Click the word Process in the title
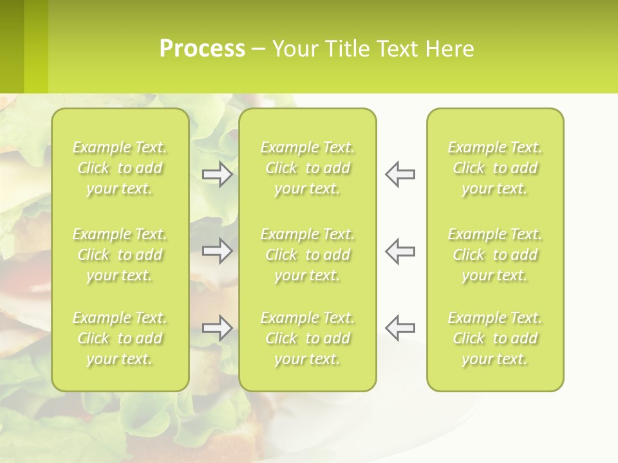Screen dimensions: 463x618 (x=202, y=49)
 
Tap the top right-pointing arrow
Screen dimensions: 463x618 (x=217, y=174)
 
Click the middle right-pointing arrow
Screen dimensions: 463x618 (x=217, y=251)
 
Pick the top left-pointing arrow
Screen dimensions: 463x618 (x=400, y=174)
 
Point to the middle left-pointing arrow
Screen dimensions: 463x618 (x=400, y=251)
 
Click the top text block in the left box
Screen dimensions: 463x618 (x=120, y=168)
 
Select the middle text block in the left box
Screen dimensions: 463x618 (x=120, y=255)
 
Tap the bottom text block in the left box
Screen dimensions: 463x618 (x=120, y=338)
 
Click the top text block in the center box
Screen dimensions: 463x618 (x=307, y=168)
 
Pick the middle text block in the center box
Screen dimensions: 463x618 (x=307, y=255)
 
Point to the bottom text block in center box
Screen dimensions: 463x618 (x=307, y=338)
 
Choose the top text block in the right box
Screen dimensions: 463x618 (x=494, y=168)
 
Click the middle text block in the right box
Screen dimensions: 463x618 (x=494, y=255)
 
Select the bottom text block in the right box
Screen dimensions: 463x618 (x=494, y=338)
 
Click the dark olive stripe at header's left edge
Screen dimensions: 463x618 (x=12, y=46)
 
